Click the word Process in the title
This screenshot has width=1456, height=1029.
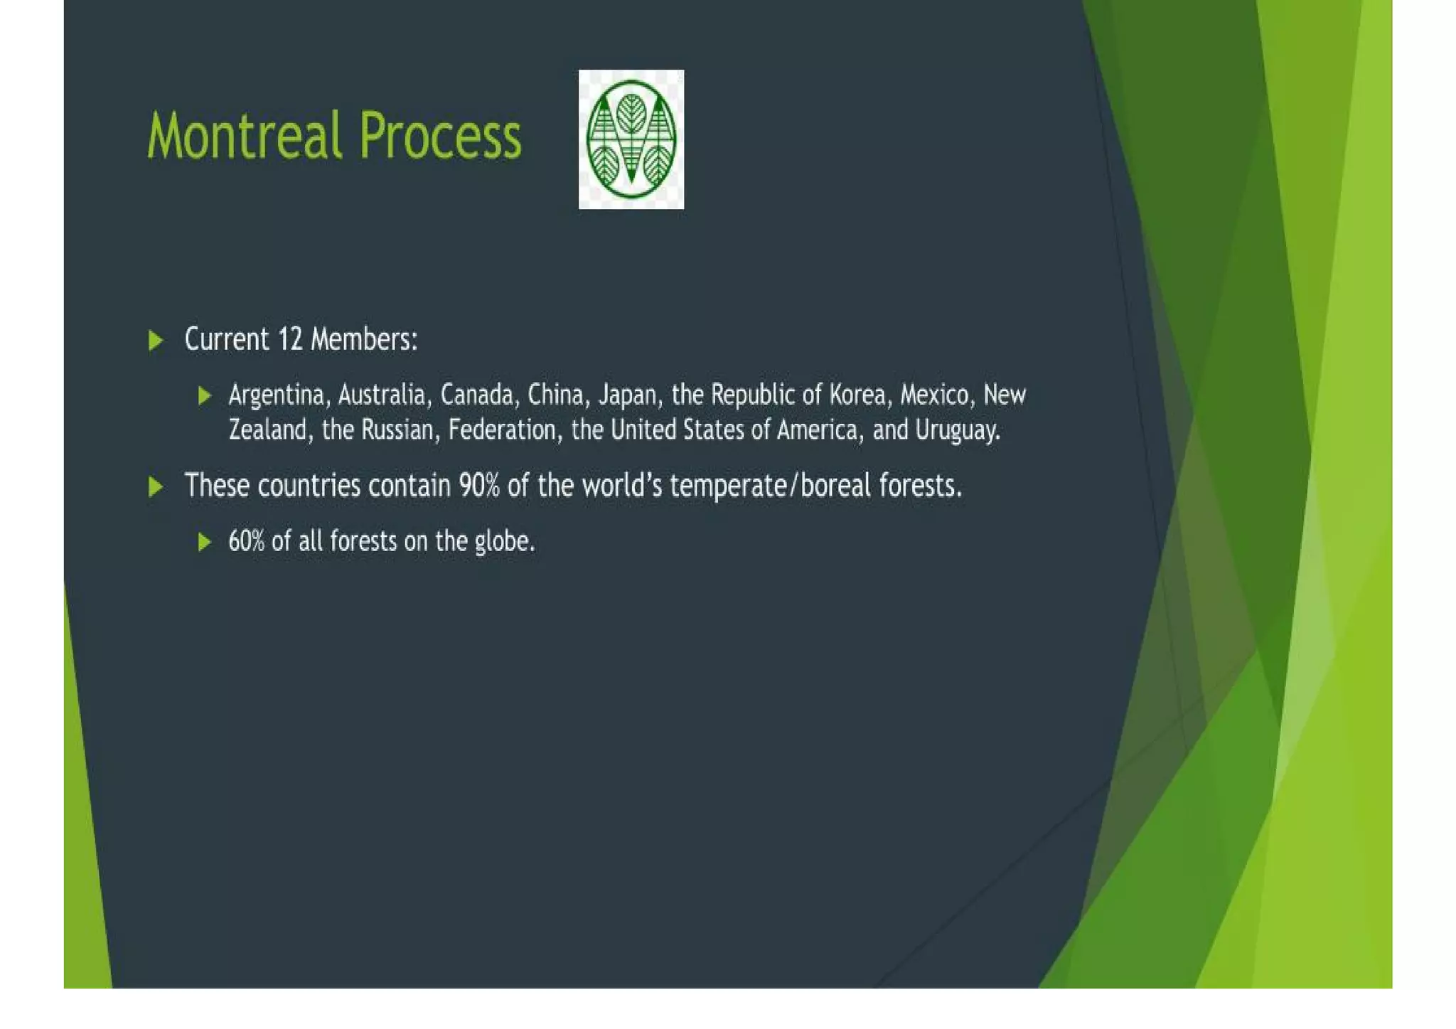tap(439, 135)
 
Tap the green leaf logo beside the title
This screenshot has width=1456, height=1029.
tap(631, 139)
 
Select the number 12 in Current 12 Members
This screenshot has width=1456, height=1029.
tap(290, 339)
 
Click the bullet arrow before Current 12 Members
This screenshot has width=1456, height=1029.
tap(156, 340)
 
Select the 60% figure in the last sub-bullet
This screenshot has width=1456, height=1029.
tap(246, 542)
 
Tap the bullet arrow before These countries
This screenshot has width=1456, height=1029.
tap(156, 487)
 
